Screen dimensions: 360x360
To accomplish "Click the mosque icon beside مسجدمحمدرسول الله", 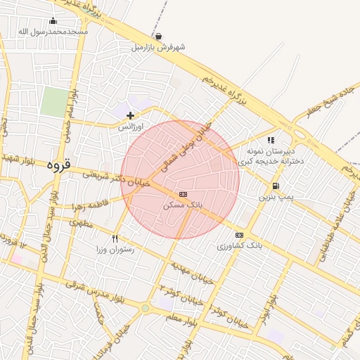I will (53, 21).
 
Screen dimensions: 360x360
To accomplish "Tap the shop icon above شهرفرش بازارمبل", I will (158, 37).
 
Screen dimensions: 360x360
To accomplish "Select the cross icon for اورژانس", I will (130, 115).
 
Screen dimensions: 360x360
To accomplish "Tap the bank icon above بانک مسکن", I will (183, 193).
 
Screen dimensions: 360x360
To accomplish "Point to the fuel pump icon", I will (275, 186).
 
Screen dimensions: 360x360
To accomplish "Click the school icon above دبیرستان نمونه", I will (271, 141).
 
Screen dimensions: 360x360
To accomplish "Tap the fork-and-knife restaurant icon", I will (115, 238).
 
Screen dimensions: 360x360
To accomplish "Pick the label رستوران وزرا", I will (115, 250).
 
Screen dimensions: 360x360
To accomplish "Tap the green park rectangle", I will (53, 103).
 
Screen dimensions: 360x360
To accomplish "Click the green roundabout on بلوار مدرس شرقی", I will (146, 308).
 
